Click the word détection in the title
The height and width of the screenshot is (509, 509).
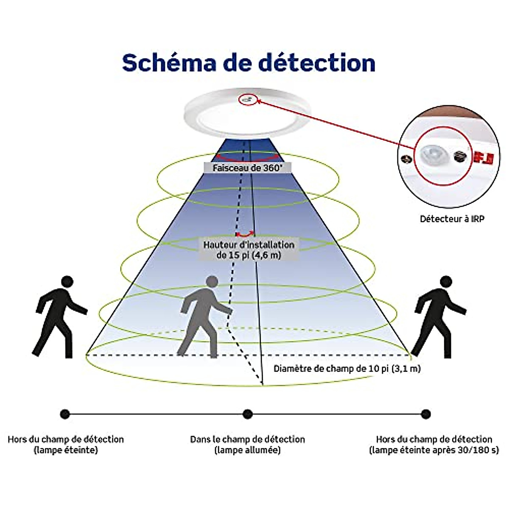tap(317, 63)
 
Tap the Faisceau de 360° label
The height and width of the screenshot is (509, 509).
tap(247, 168)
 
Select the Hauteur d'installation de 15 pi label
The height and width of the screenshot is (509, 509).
tap(249, 250)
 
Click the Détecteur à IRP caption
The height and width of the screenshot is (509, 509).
tap(452, 219)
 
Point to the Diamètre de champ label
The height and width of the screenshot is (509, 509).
tap(347, 369)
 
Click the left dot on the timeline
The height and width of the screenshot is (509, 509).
tap(65, 414)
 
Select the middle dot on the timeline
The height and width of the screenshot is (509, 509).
tap(248, 414)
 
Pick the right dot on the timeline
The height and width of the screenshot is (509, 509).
tap(426, 414)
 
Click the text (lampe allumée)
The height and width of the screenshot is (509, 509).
tap(248, 450)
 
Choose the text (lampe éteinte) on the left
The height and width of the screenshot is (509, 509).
tap(66, 450)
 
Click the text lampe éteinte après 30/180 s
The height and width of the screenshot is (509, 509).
tap(434, 450)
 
